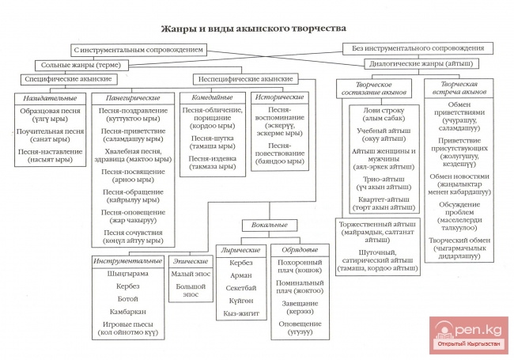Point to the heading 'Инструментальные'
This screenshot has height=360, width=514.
coord(127,260)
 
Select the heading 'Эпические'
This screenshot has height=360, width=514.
coord(190,260)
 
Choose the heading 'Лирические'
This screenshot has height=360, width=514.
coord(240,250)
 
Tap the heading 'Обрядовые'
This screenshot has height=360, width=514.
coord(299,250)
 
